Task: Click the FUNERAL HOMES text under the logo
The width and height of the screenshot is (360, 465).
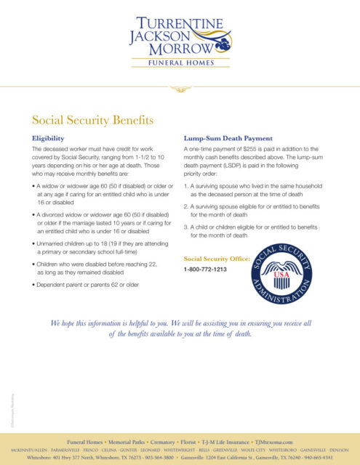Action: click(x=180, y=63)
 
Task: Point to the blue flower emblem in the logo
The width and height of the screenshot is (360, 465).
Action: click(x=223, y=46)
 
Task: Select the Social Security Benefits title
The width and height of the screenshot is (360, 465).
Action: click(x=92, y=120)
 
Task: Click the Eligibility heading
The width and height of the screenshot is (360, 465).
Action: click(x=49, y=137)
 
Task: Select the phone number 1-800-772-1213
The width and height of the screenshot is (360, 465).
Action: click(x=206, y=270)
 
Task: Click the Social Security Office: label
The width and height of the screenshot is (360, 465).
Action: click(x=217, y=259)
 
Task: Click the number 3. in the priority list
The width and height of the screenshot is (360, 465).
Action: click(x=187, y=227)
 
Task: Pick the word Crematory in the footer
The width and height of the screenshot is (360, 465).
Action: click(x=155, y=442)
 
